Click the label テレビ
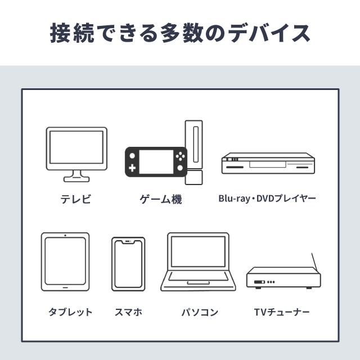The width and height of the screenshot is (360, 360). pyautogui.click(x=76, y=199)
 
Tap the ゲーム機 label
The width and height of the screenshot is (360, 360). pyautogui.click(x=161, y=199)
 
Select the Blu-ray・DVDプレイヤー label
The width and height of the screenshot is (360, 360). pyautogui.click(x=267, y=199)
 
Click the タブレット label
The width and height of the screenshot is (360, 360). pyautogui.click(x=70, y=312)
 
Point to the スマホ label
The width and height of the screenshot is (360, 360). pyautogui.click(x=129, y=312)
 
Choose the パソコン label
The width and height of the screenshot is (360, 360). pyautogui.click(x=200, y=312)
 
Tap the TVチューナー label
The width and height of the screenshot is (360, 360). pyautogui.click(x=282, y=312)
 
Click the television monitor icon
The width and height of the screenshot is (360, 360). pyautogui.click(x=76, y=154)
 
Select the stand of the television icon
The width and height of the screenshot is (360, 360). pyautogui.click(x=76, y=176)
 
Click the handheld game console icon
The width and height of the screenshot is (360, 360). pyautogui.click(x=156, y=162)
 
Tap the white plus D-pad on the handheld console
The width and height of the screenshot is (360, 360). pyautogui.click(x=132, y=168)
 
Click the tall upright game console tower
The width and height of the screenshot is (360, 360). pyautogui.click(x=194, y=152)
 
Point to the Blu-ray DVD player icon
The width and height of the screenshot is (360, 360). pyautogui.click(x=268, y=163)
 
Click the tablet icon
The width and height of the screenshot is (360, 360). pyautogui.click(x=65, y=262)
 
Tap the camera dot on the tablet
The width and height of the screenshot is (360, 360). pyautogui.click(x=65, y=235)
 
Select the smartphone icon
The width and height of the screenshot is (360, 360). pyautogui.click(x=128, y=264)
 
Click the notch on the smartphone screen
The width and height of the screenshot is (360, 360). pyautogui.click(x=128, y=242)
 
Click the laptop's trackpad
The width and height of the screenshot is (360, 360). pyautogui.click(x=199, y=282)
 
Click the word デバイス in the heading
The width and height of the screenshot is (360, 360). pyautogui.click(x=269, y=33)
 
